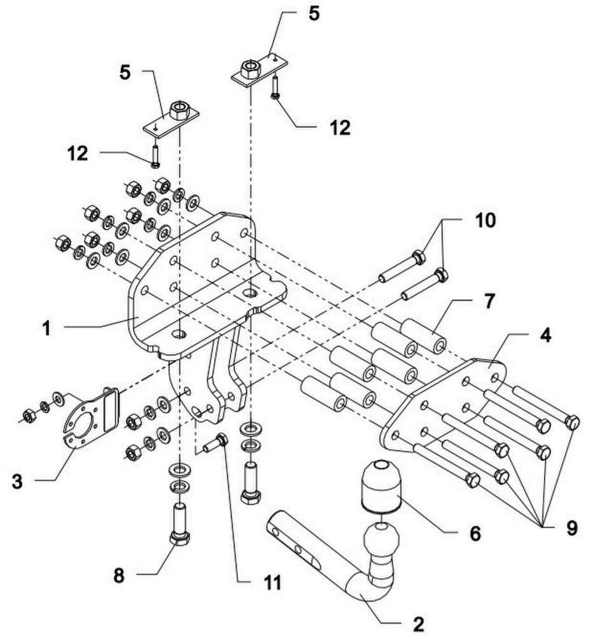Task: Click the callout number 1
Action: click(47, 328)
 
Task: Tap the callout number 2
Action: click(418, 625)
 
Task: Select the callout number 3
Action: click(17, 482)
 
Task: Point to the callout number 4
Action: click(545, 336)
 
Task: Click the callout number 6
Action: click(475, 534)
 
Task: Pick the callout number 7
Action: click(490, 301)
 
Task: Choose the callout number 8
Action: click(119, 575)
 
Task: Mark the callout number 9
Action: click(571, 529)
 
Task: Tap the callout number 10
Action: click(485, 220)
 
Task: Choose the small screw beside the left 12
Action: click(155, 155)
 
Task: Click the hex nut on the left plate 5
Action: click(180, 110)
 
